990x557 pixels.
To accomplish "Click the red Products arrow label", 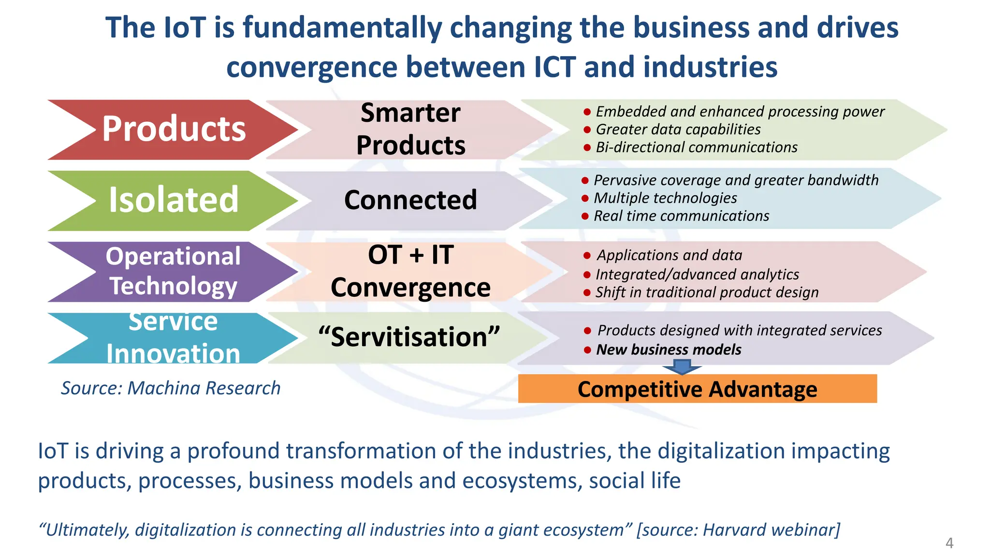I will click(174, 129).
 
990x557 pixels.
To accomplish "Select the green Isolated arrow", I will click(174, 200).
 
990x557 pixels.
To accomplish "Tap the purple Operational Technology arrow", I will click(174, 271).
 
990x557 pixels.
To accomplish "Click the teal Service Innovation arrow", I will click(174, 338).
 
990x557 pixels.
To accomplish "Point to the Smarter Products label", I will click(410, 129).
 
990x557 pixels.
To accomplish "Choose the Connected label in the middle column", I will click(410, 200).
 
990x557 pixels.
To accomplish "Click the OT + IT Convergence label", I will click(410, 271).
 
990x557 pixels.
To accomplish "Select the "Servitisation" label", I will click(409, 337).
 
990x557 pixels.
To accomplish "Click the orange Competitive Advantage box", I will click(697, 389).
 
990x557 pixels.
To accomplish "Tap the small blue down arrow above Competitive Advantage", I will click(682, 367).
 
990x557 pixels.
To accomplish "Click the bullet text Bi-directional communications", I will click(696, 147).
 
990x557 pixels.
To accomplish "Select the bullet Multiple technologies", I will click(665, 198).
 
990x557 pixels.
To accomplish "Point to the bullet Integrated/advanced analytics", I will click(697, 275).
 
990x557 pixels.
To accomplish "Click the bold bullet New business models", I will click(669, 350).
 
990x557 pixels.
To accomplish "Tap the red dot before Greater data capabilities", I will click(587, 130).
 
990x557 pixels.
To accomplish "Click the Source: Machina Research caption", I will click(171, 388).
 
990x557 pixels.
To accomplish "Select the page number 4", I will click(949, 543).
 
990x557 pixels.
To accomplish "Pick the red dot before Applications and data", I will click(587, 255).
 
